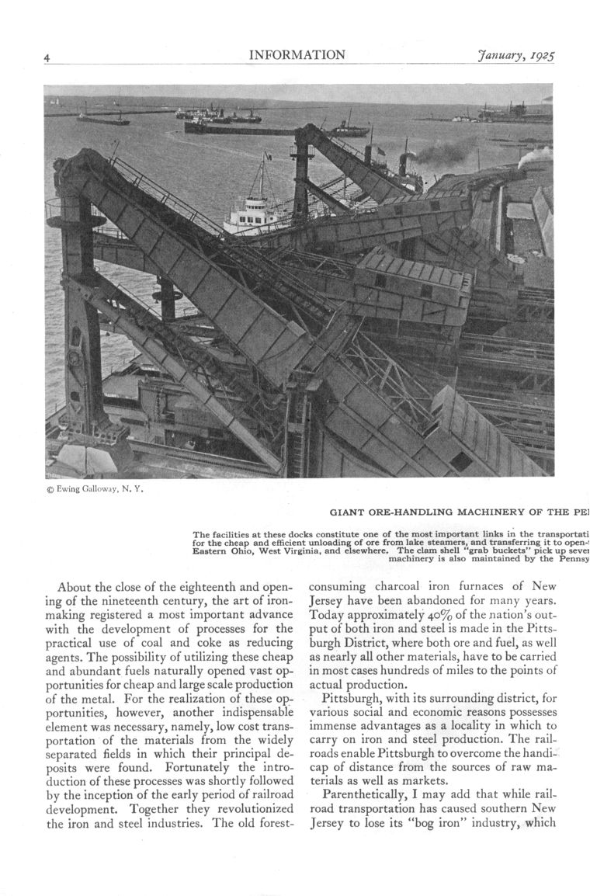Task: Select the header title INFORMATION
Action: point(297,55)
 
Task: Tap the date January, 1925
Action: point(520,56)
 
